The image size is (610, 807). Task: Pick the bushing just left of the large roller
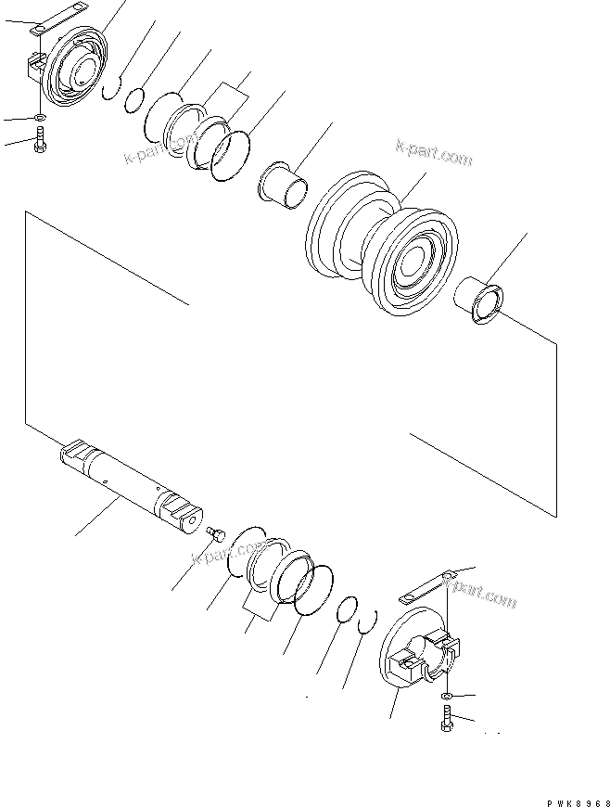(286, 184)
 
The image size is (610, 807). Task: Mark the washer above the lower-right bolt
(448, 695)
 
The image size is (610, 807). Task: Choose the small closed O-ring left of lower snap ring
(345, 608)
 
